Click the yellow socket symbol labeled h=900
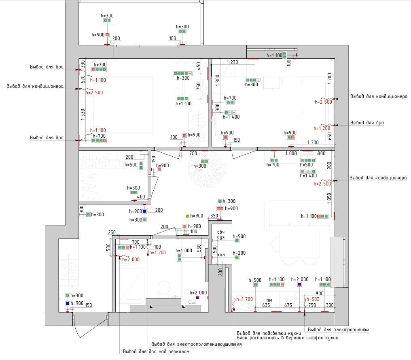(187, 216)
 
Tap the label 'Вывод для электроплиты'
(338, 330)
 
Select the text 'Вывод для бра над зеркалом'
(156, 351)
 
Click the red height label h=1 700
(244, 299)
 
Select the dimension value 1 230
(232, 62)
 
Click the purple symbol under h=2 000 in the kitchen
(299, 285)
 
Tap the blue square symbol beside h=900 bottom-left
(68, 303)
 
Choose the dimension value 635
(266, 305)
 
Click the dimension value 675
(288, 305)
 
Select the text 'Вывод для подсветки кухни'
(268, 332)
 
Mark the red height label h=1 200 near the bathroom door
(158, 253)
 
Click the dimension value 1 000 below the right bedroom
(290, 153)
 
